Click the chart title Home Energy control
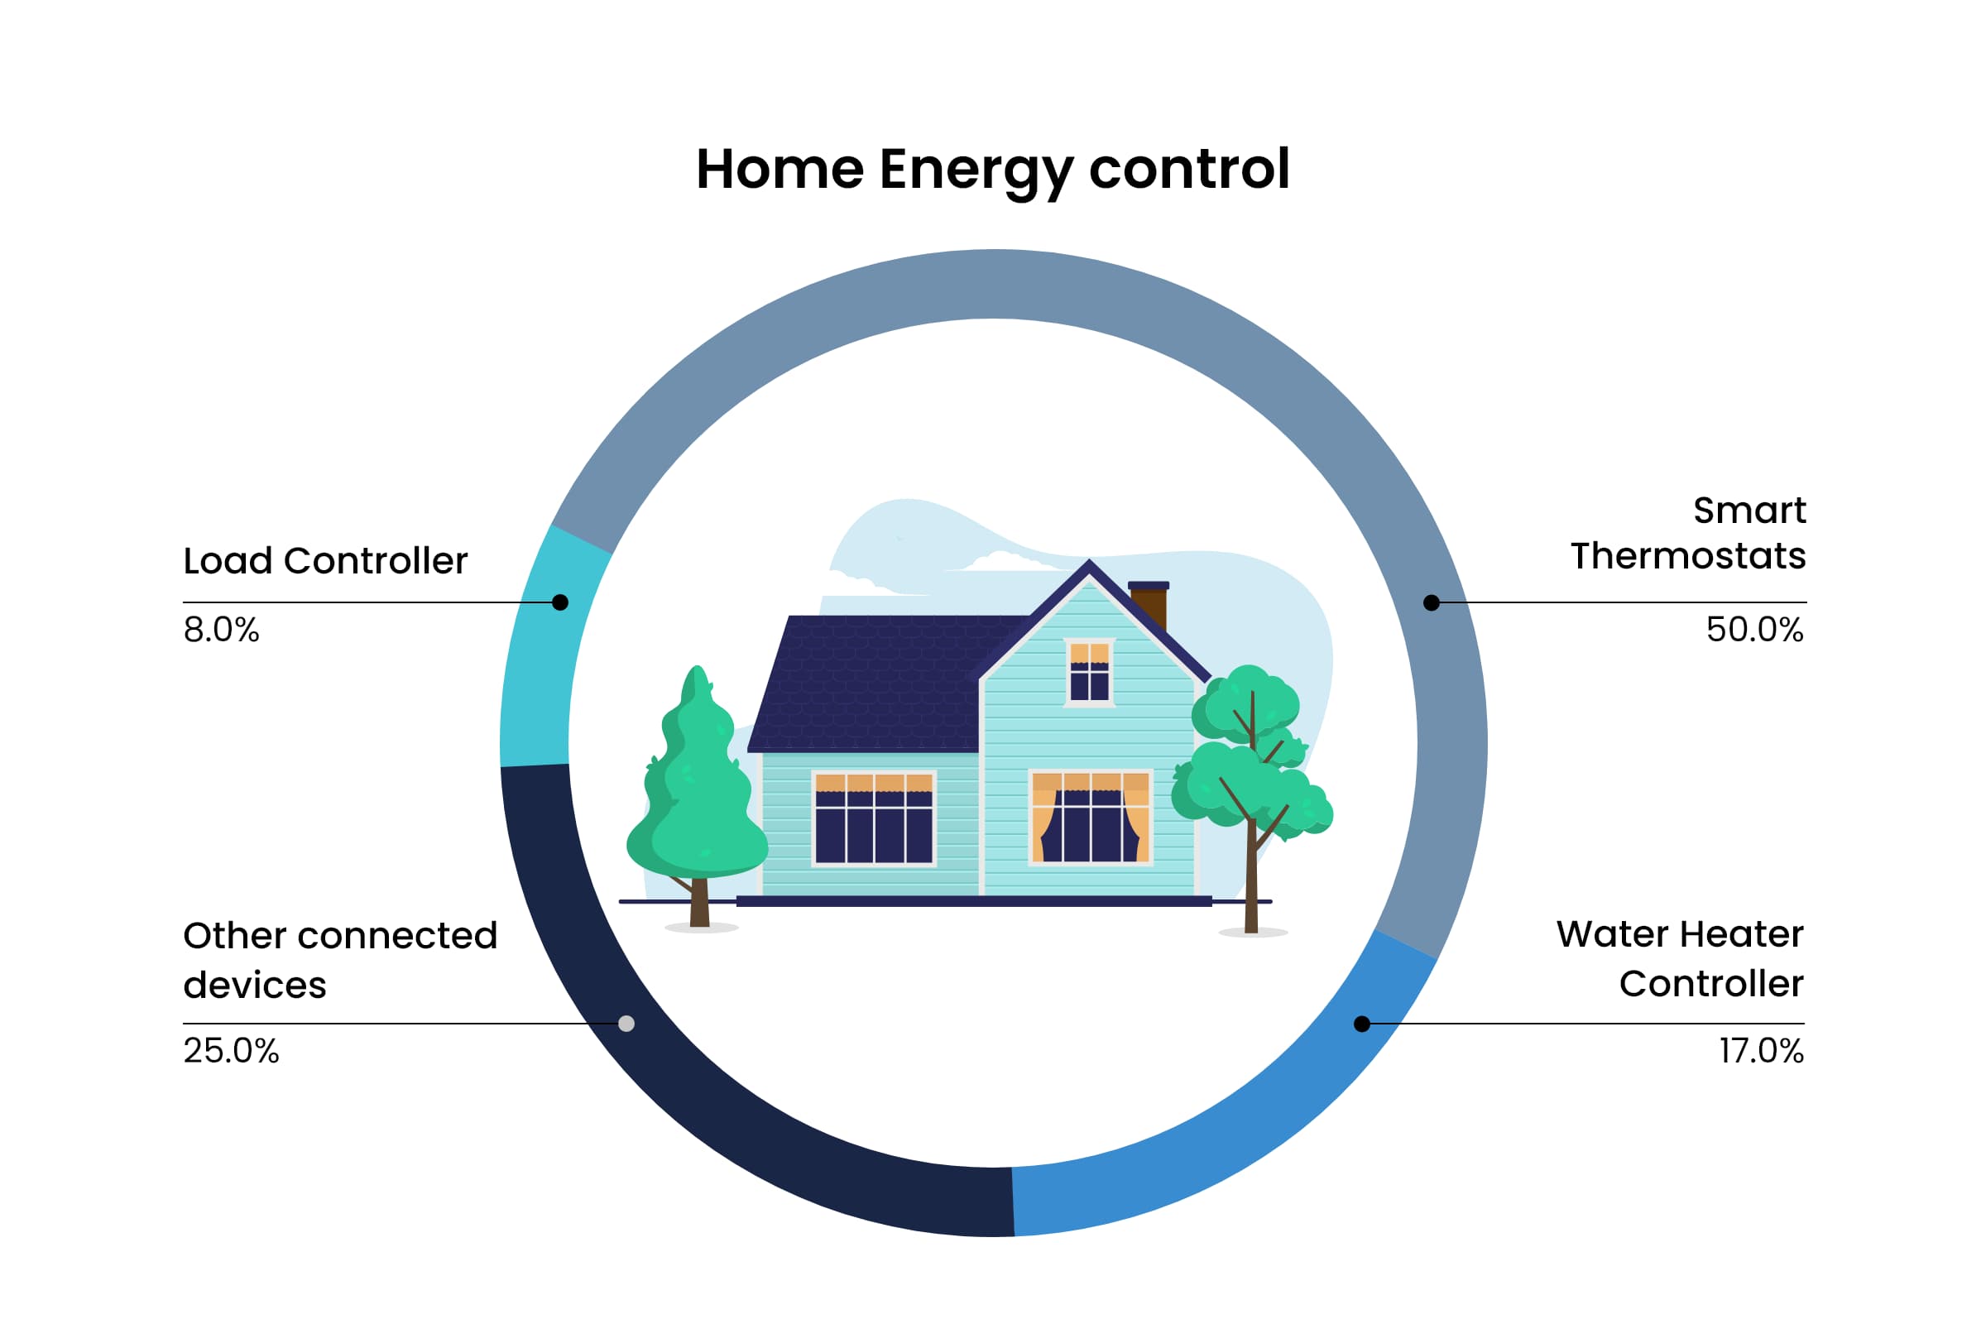click(992, 170)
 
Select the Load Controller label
click(325, 561)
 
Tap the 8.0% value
click(221, 630)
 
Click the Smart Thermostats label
click(1688, 533)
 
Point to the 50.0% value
click(1754, 630)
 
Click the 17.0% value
click(1762, 1051)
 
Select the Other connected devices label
click(339, 960)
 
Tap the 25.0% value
click(231, 1051)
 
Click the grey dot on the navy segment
click(626, 1024)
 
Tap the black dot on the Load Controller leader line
click(560, 602)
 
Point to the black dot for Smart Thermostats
click(1432, 602)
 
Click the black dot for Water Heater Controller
click(1362, 1024)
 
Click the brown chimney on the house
click(1149, 605)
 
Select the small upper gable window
click(1089, 672)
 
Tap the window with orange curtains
click(1091, 817)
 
